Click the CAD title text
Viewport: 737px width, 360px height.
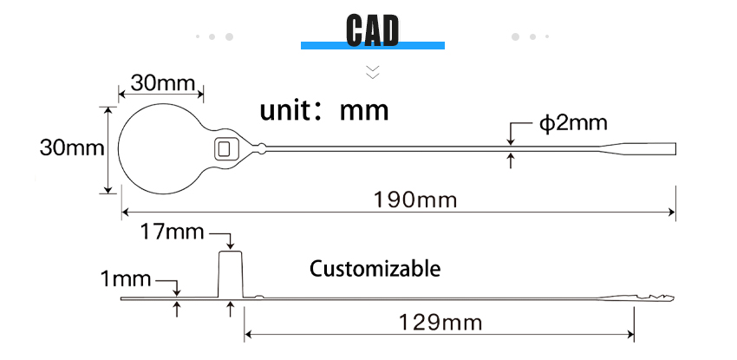372,30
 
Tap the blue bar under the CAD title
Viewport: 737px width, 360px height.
373,46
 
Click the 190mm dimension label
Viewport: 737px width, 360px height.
415,200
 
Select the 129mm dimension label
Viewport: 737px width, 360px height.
440,323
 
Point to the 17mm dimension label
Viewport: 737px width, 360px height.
173,232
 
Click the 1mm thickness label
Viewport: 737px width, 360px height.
126,279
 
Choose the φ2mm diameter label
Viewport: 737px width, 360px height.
573,123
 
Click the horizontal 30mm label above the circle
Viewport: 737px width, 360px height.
163,83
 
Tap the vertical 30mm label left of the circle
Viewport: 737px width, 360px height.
72,148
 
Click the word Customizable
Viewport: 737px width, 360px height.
375,269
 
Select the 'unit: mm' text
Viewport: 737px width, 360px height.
324,111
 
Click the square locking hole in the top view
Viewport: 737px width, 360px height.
223,149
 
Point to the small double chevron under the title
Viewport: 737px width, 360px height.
373,72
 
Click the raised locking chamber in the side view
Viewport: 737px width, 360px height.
231,274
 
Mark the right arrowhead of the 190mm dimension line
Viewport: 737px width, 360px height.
672,213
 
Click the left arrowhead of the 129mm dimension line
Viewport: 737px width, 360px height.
249,335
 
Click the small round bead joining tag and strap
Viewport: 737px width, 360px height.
262,148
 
